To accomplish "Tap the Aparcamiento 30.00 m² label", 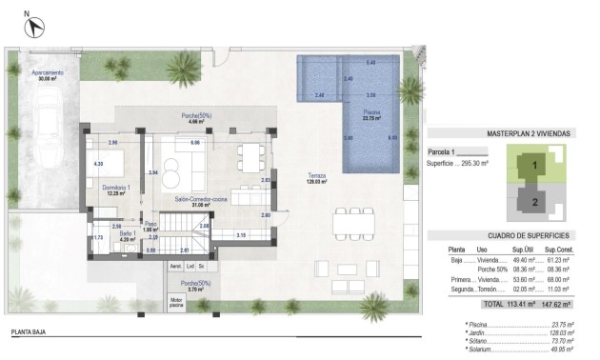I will point(47,75).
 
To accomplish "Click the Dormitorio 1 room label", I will point(116,190).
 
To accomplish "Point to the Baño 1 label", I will point(125,236).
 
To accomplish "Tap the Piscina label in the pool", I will point(371,116).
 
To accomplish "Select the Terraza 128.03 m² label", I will point(317,178).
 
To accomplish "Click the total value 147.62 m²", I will point(555,305).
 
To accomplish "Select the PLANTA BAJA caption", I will point(30,332).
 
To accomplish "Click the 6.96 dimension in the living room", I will point(194,143).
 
